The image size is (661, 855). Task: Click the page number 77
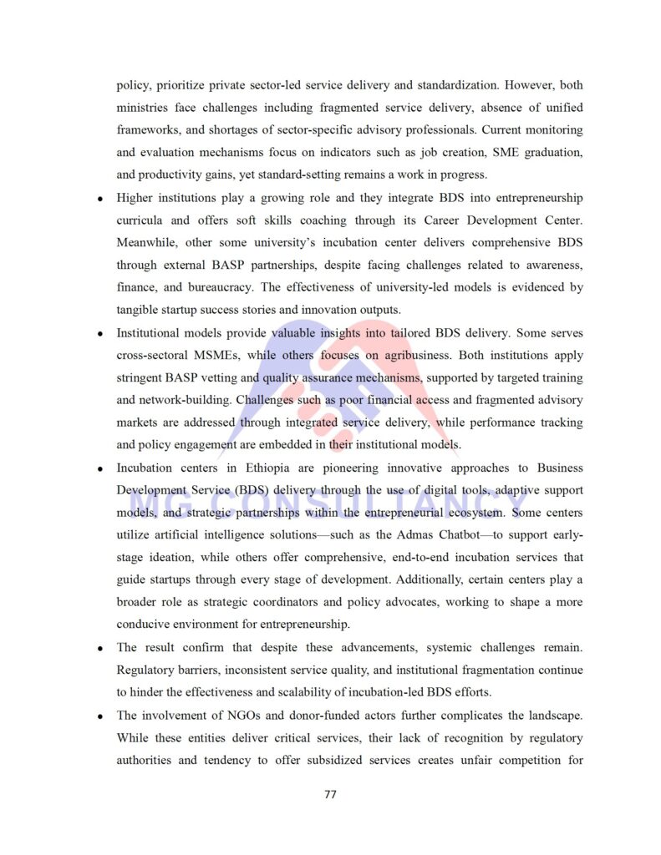pos(330,794)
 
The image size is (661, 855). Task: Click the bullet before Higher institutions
pos(99,200)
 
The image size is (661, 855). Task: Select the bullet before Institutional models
pos(99,334)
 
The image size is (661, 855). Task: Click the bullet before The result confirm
pos(99,648)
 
